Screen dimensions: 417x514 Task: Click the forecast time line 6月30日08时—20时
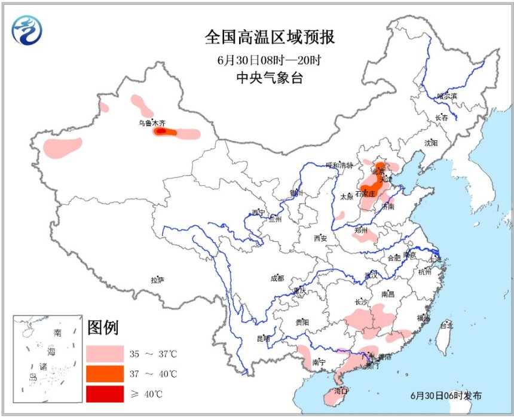coord(270,60)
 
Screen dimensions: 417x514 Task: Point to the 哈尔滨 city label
coord(446,96)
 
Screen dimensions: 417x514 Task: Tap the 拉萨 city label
coord(157,279)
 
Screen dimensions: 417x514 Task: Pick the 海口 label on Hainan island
coord(341,391)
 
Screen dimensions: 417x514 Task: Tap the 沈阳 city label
coord(431,143)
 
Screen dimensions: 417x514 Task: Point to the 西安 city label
coord(320,238)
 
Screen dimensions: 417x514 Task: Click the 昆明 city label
coord(263,339)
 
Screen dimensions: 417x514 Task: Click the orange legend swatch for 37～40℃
coord(104,374)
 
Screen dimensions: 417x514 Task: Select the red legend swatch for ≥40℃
coord(104,394)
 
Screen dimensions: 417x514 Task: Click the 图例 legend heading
coord(103,328)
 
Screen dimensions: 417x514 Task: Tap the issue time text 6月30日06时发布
coord(446,395)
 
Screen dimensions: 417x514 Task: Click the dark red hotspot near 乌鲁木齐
coord(160,131)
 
